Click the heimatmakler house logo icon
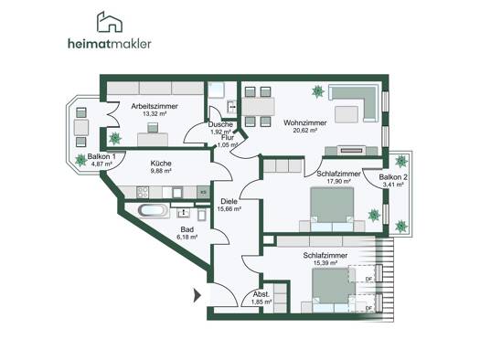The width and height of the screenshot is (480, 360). pos(110,22)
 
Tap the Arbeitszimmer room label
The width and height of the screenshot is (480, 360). pos(155,106)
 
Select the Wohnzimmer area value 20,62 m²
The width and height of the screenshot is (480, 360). pos(304,130)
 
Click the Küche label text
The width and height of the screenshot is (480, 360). pos(161,164)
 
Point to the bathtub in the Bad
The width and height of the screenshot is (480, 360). pos(154,210)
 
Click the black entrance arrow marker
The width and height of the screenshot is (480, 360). pos(197,295)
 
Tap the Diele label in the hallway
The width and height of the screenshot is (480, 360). pos(229,202)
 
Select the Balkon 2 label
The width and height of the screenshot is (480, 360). pos(393,177)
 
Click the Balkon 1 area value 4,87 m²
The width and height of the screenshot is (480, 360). pos(101,164)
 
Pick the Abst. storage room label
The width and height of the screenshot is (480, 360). pos(261,294)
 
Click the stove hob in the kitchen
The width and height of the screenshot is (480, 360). pos(143,192)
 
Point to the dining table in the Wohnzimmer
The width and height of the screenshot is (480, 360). pos(259,106)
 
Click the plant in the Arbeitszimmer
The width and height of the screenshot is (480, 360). pos(115,139)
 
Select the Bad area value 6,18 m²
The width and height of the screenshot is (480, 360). pos(187,237)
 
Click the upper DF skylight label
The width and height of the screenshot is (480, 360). pos(368,279)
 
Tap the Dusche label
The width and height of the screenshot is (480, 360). pos(220,124)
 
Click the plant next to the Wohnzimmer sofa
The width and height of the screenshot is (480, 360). pos(318,91)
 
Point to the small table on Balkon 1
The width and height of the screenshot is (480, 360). pos(81,127)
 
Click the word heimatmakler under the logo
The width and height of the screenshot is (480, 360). pos(110,44)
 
